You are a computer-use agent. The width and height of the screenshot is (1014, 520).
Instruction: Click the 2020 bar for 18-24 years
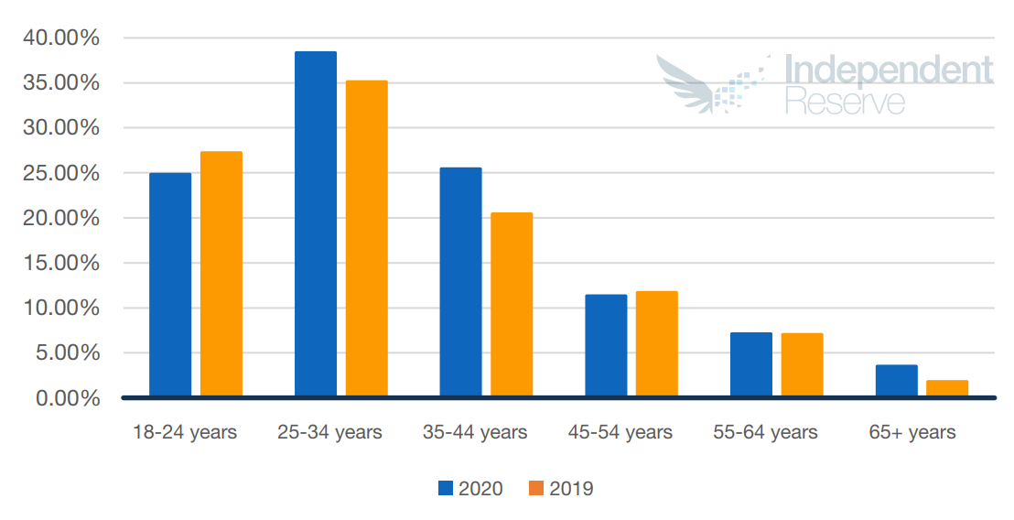tap(170, 285)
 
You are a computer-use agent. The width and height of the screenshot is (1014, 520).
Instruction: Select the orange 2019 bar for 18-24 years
tap(221, 274)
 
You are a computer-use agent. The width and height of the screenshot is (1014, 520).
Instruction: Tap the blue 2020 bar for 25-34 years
tap(316, 224)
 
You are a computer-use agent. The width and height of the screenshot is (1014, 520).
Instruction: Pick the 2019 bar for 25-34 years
tap(367, 239)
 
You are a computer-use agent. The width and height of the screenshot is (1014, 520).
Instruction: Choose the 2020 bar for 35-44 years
tap(460, 282)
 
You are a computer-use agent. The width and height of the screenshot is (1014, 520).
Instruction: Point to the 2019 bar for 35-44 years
tap(512, 305)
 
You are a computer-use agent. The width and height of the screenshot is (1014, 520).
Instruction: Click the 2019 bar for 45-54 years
tap(656, 344)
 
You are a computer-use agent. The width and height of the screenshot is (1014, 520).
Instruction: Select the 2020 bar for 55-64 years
tap(751, 364)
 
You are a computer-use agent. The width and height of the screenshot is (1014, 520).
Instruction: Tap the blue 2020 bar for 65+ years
tap(896, 381)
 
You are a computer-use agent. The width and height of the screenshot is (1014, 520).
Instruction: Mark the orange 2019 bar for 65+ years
tap(947, 388)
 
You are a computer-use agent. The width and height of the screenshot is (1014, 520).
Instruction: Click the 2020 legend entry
tap(470, 488)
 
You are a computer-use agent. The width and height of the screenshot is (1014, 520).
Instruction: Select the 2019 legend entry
tap(561, 488)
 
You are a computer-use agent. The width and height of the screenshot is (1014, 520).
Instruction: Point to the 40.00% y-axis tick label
tap(59, 38)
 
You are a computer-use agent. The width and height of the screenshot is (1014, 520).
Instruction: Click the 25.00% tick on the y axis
tap(59, 173)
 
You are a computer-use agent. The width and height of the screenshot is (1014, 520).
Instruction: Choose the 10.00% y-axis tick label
tap(59, 309)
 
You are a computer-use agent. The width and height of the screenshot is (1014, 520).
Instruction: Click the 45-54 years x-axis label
tap(620, 432)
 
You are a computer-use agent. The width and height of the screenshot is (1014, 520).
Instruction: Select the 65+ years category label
tap(912, 432)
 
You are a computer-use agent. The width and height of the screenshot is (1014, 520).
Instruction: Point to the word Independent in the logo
tap(888, 71)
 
